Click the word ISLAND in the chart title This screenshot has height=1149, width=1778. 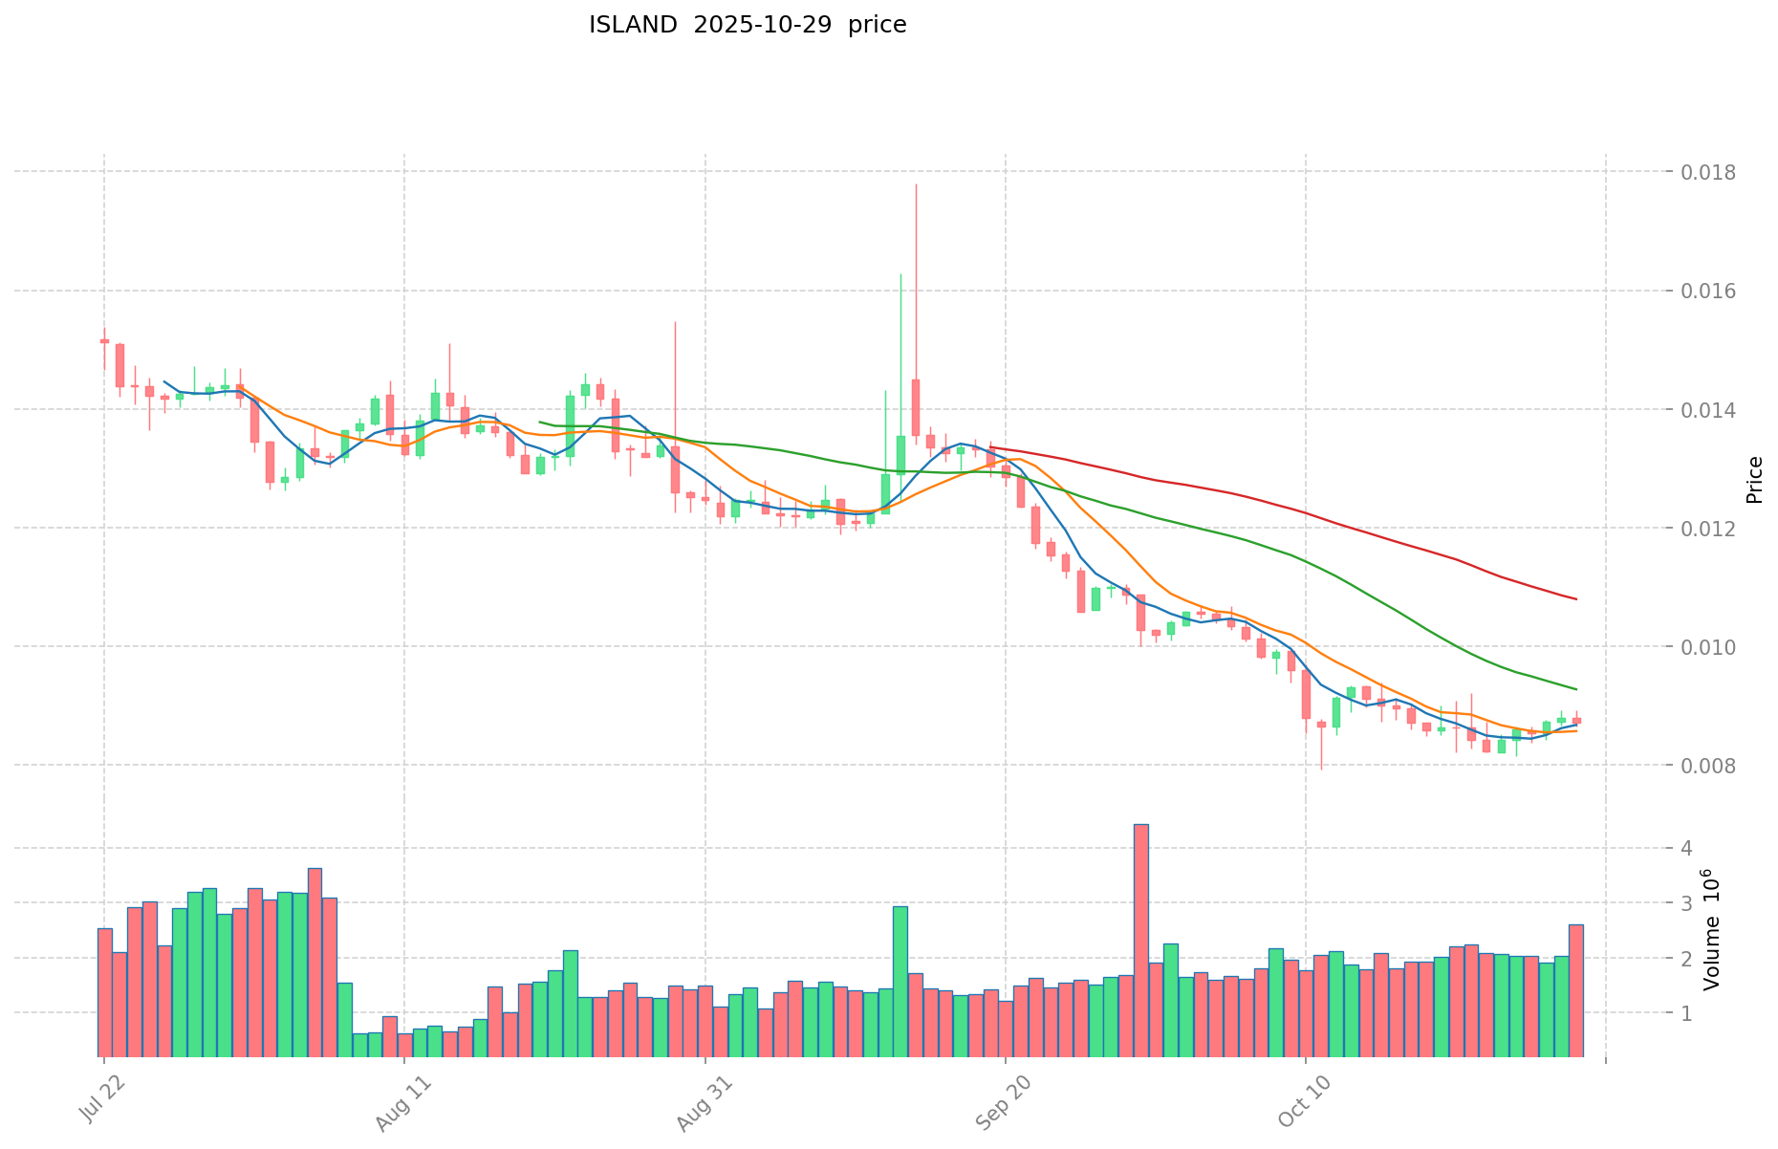(x=633, y=25)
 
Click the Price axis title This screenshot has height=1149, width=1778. (x=1754, y=480)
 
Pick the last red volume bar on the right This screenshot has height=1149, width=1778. (x=1576, y=990)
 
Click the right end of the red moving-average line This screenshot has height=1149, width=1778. (x=1575, y=599)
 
